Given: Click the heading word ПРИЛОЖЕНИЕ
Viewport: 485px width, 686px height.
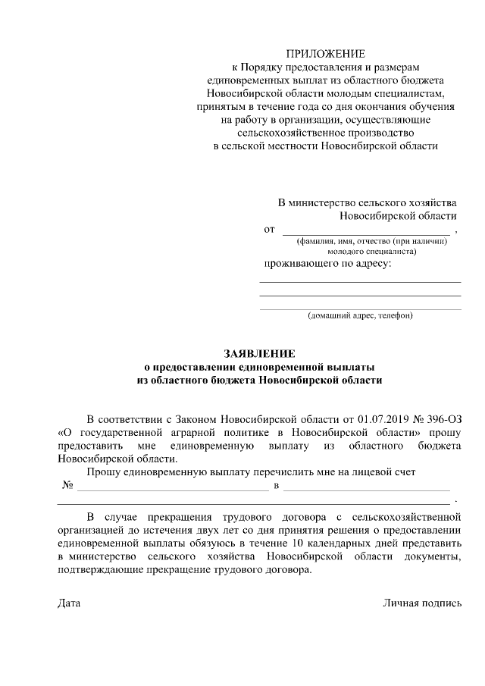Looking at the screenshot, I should (325, 54).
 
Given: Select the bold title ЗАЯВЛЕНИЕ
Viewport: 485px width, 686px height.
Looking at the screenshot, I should (259, 353).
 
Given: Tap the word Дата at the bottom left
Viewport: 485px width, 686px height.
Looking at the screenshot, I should (68, 603).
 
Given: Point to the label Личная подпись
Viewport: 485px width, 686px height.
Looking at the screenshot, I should (422, 603).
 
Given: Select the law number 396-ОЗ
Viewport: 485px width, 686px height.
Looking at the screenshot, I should (442, 418).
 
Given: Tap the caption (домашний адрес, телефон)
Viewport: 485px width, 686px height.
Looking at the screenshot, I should (360, 315).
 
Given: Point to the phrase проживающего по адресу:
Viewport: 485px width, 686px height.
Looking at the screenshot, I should (327, 264).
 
